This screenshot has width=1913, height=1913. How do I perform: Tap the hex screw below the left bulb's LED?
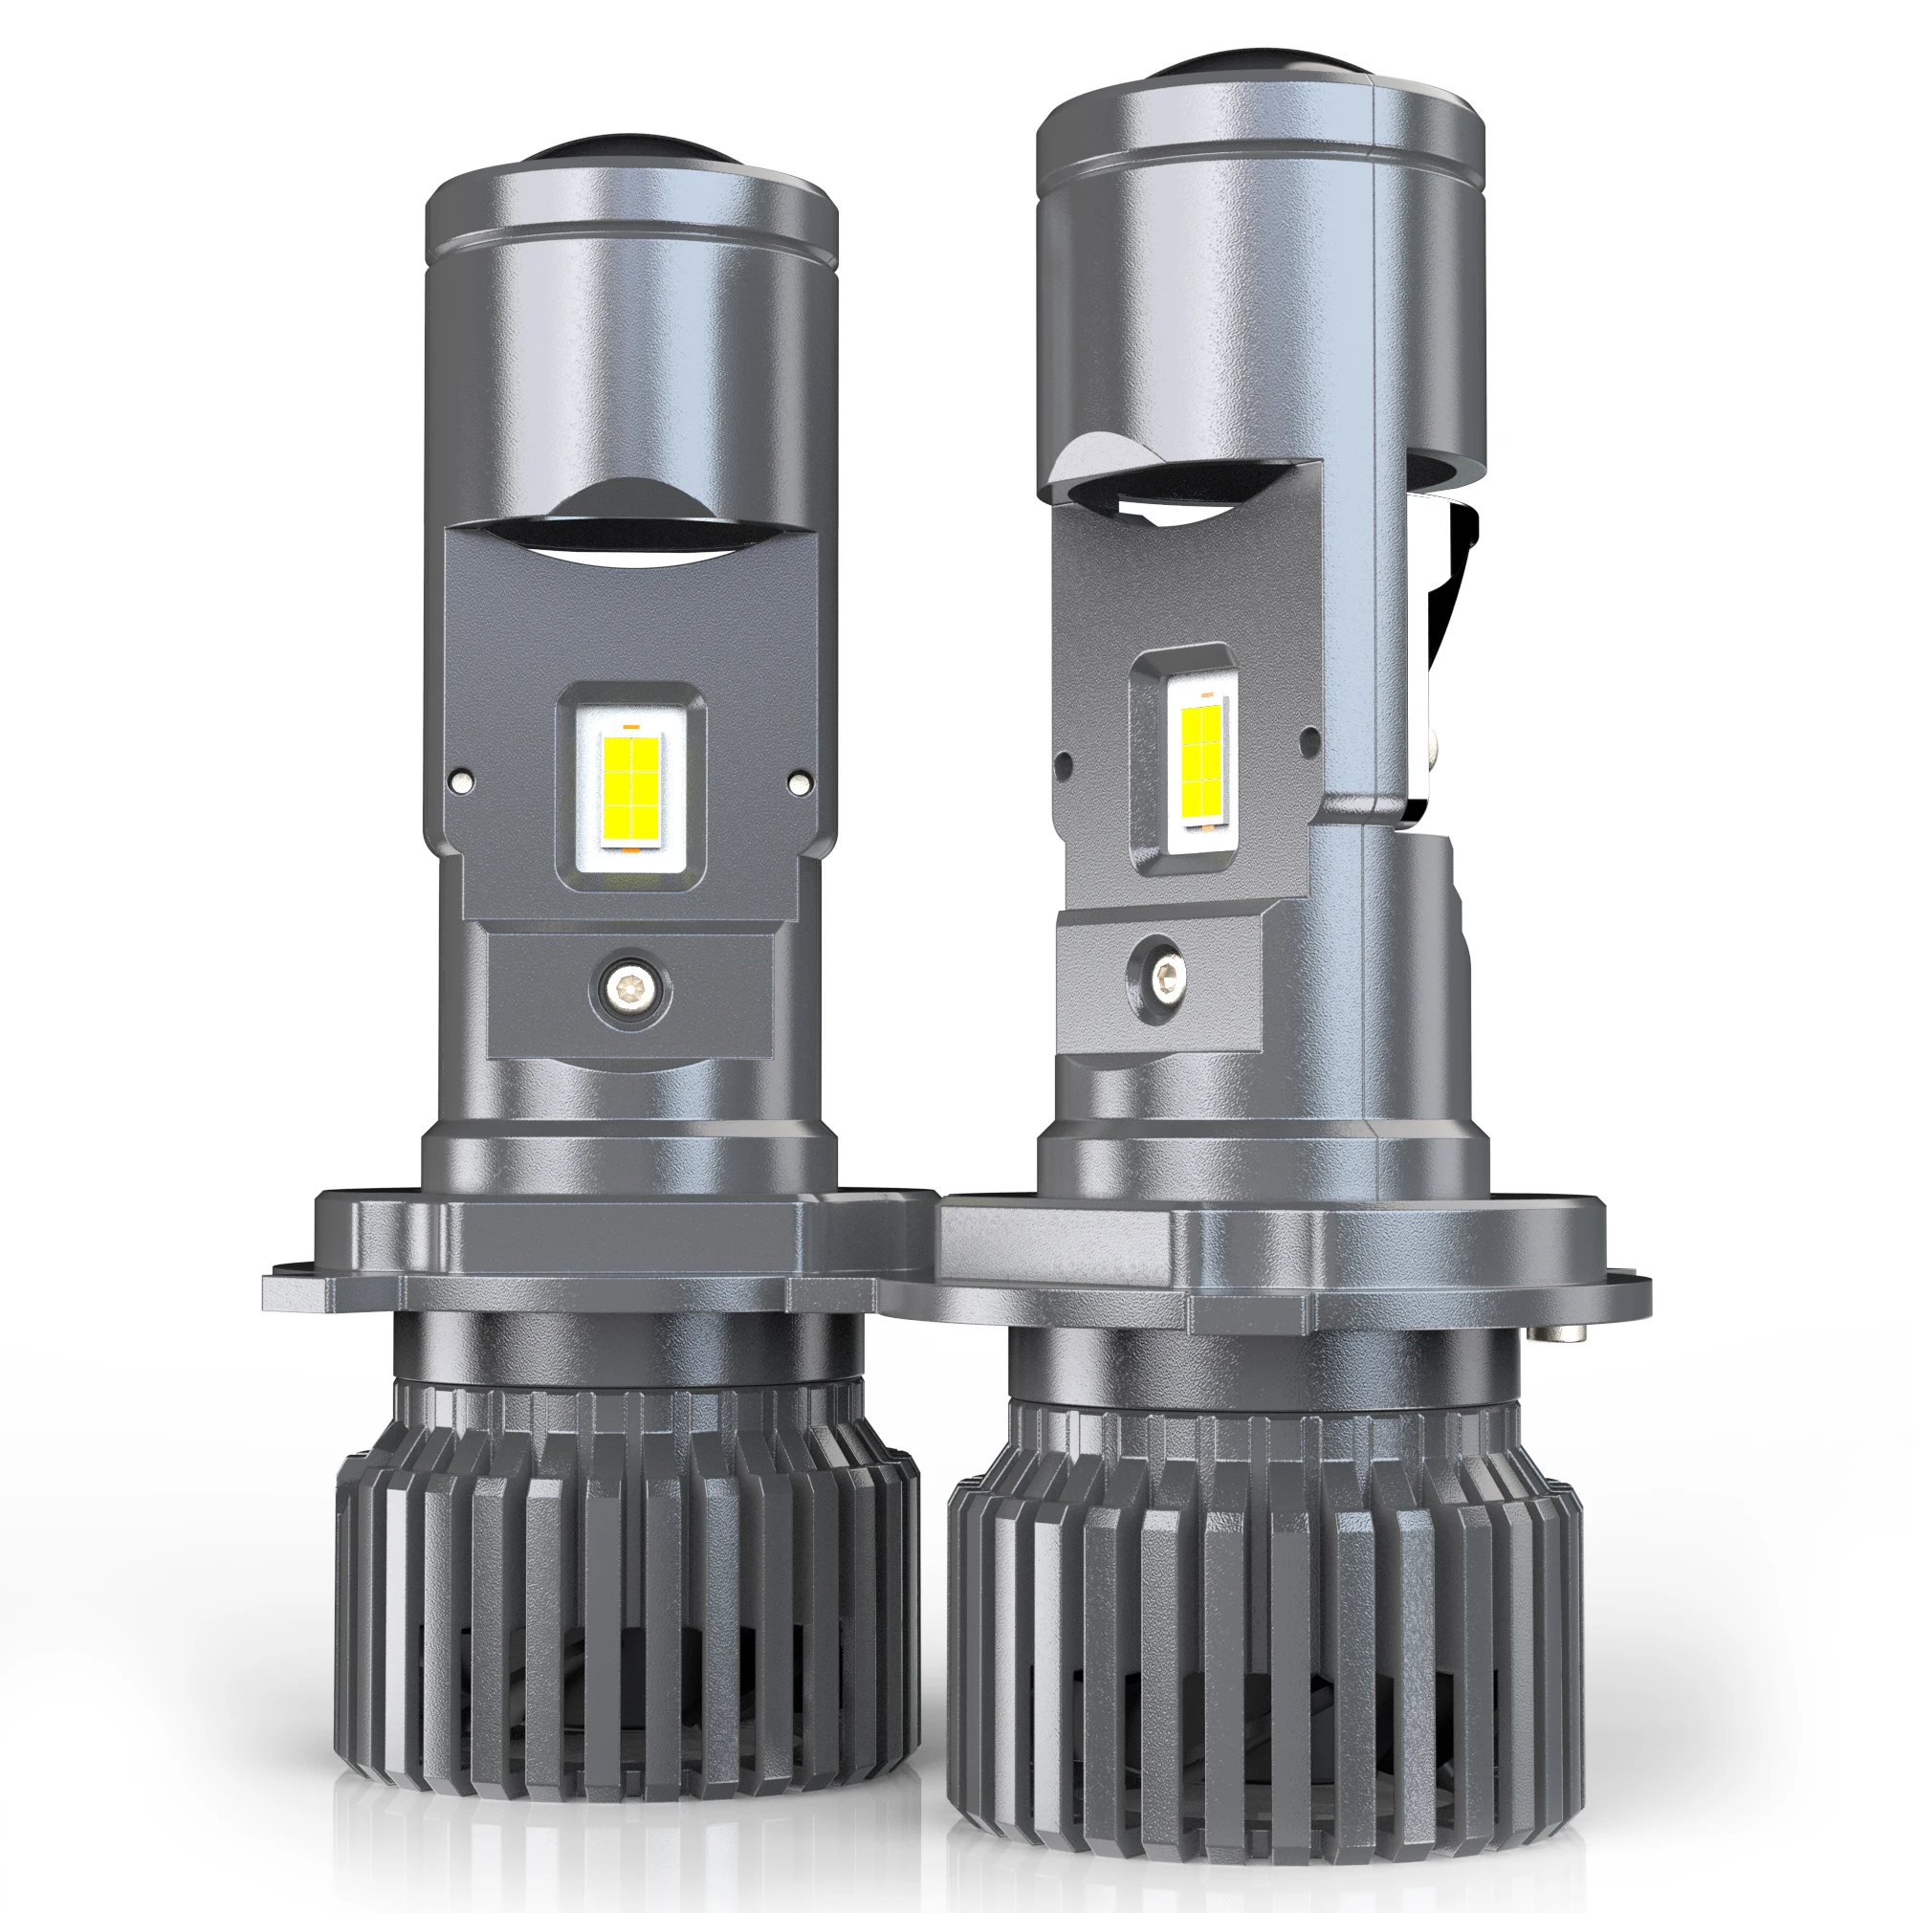tap(627, 987)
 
